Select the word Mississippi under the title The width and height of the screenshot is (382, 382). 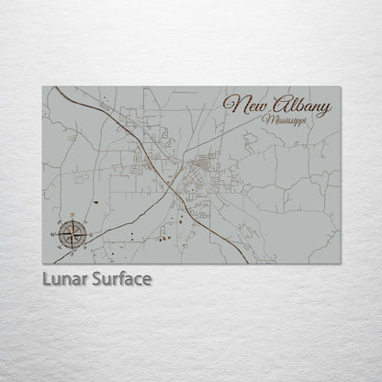[x=286, y=122]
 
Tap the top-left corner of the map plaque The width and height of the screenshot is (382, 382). [x=42, y=86]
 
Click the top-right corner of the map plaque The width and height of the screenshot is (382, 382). [x=339, y=86]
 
